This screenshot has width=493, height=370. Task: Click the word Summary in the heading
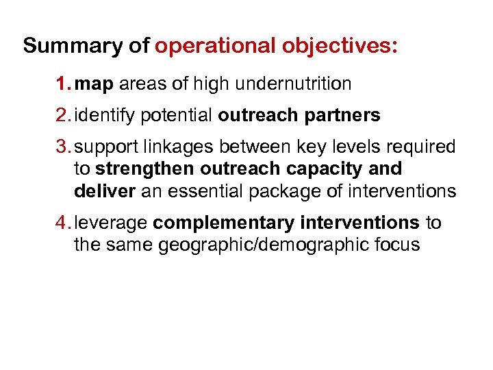(70, 47)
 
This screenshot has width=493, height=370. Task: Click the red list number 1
(62, 85)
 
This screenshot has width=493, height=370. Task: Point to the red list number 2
(63, 116)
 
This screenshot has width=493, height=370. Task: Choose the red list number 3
(63, 147)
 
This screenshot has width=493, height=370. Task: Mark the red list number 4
(63, 223)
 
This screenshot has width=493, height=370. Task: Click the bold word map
(94, 85)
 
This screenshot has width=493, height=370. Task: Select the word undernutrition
(292, 84)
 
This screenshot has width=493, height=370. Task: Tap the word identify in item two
(105, 116)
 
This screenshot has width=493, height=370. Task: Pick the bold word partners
(342, 116)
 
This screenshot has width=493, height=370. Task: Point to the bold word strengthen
(144, 169)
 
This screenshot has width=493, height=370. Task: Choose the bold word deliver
(104, 191)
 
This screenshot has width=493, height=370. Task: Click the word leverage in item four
(112, 223)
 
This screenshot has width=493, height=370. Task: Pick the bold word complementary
(219, 223)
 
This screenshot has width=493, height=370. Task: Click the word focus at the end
(396, 245)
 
